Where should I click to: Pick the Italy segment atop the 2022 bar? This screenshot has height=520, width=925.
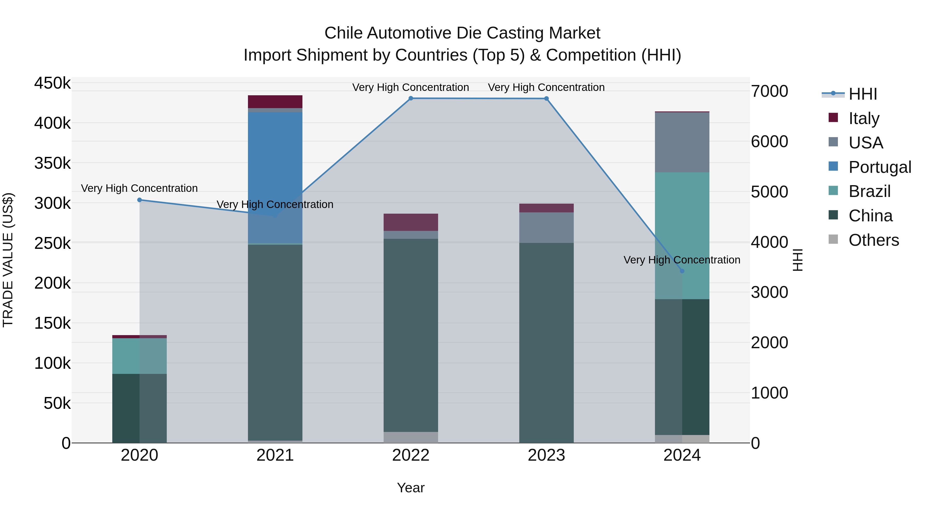pyautogui.click(x=411, y=222)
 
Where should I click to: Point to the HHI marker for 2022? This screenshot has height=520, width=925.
pyautogui.click(x=411, y=98)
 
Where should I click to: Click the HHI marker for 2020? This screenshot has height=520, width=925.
pyautogui.click(x=140, y=200)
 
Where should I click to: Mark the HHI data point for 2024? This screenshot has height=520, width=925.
pyautogui.click(x=682, y=271)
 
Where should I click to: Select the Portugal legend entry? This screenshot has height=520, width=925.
pyautogui.click(x=880, y=167)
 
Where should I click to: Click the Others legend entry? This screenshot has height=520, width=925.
pyautogui.click(x=873, y=240)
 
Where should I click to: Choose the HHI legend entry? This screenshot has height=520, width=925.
pyautogui.click(x=863, y=94)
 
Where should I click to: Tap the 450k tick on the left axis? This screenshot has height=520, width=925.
pyautogui.click(x=52, y=83)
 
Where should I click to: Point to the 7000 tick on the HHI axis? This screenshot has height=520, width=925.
pyautogui.click(x=770, y=91)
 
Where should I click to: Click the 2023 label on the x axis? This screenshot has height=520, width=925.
pyautogui.click(x=546, y=455)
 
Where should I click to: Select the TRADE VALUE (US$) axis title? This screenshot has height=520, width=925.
pyautogui.click(x=8, y=260)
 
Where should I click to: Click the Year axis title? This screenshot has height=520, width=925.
pyautogui.click(x=411, y=488)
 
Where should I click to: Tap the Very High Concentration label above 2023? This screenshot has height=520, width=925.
pyautogui.click(x=546, y=87)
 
